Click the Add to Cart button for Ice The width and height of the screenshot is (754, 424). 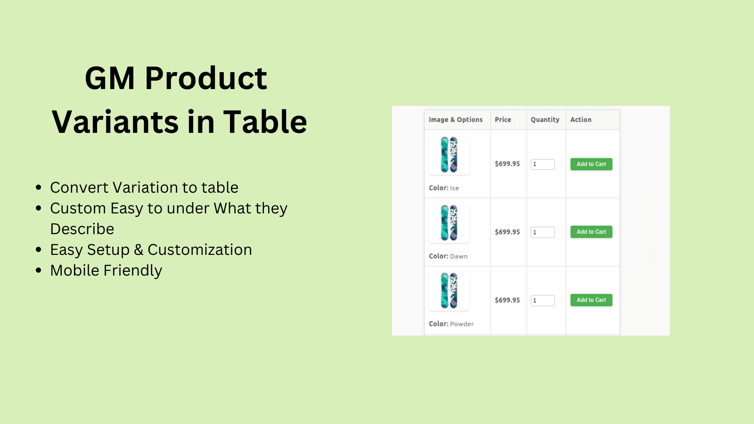[591, 164]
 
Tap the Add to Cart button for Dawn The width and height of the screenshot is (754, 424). [591, 232]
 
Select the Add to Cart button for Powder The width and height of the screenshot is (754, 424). [591, 300]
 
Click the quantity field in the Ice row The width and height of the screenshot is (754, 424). [542, 164]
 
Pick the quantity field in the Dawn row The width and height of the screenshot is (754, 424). [542, 232]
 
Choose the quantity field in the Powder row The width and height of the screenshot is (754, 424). [542, 301]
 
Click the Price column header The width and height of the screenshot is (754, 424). [503, 120]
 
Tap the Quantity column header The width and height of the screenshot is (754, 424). [545, 120]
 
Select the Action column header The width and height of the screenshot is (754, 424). [581, 120]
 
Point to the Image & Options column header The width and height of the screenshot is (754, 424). [455, 120]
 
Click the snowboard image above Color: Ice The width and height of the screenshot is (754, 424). [449, 155]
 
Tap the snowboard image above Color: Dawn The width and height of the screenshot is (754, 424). [449, 223]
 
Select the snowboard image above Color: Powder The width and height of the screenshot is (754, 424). [449, 290]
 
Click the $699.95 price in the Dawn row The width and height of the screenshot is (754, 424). [507, 232]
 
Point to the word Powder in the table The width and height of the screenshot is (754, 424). [462, 324]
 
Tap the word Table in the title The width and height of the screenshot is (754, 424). [265, 122]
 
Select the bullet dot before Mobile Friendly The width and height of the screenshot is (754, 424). [38, 270]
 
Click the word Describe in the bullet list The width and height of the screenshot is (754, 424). [82, 229]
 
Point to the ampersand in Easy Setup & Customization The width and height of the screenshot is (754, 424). [139, 250]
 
